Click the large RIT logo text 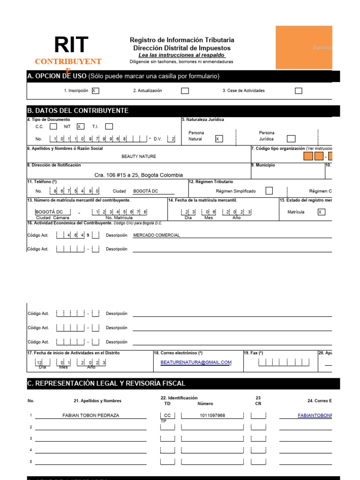[x=71, y=45]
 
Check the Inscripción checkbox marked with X [x=95, y=90]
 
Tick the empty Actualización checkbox [x=185, y=90]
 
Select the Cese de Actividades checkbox [x=299, y=90]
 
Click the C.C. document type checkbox [x=53, y=126]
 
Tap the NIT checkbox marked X [x=80, y=126]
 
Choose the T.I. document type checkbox [x=109, y=126]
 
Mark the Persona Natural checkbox [x=218, y=139]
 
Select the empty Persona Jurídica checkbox [x=291, y=139]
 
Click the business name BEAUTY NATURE [x=139, y=157]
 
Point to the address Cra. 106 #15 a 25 [x=139, y=175]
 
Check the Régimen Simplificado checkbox [x=269, y=191]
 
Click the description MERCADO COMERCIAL [x=157, y=235]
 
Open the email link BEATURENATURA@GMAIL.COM [x=196, y=362]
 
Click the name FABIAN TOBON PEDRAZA [x=90, y=415]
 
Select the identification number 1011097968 [x=212, y=415]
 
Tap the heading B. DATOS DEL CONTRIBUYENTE [x=78, y=111]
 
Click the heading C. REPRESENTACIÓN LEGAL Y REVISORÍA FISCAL [x=106, y=383]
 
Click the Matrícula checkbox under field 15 [x=321, y=212]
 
